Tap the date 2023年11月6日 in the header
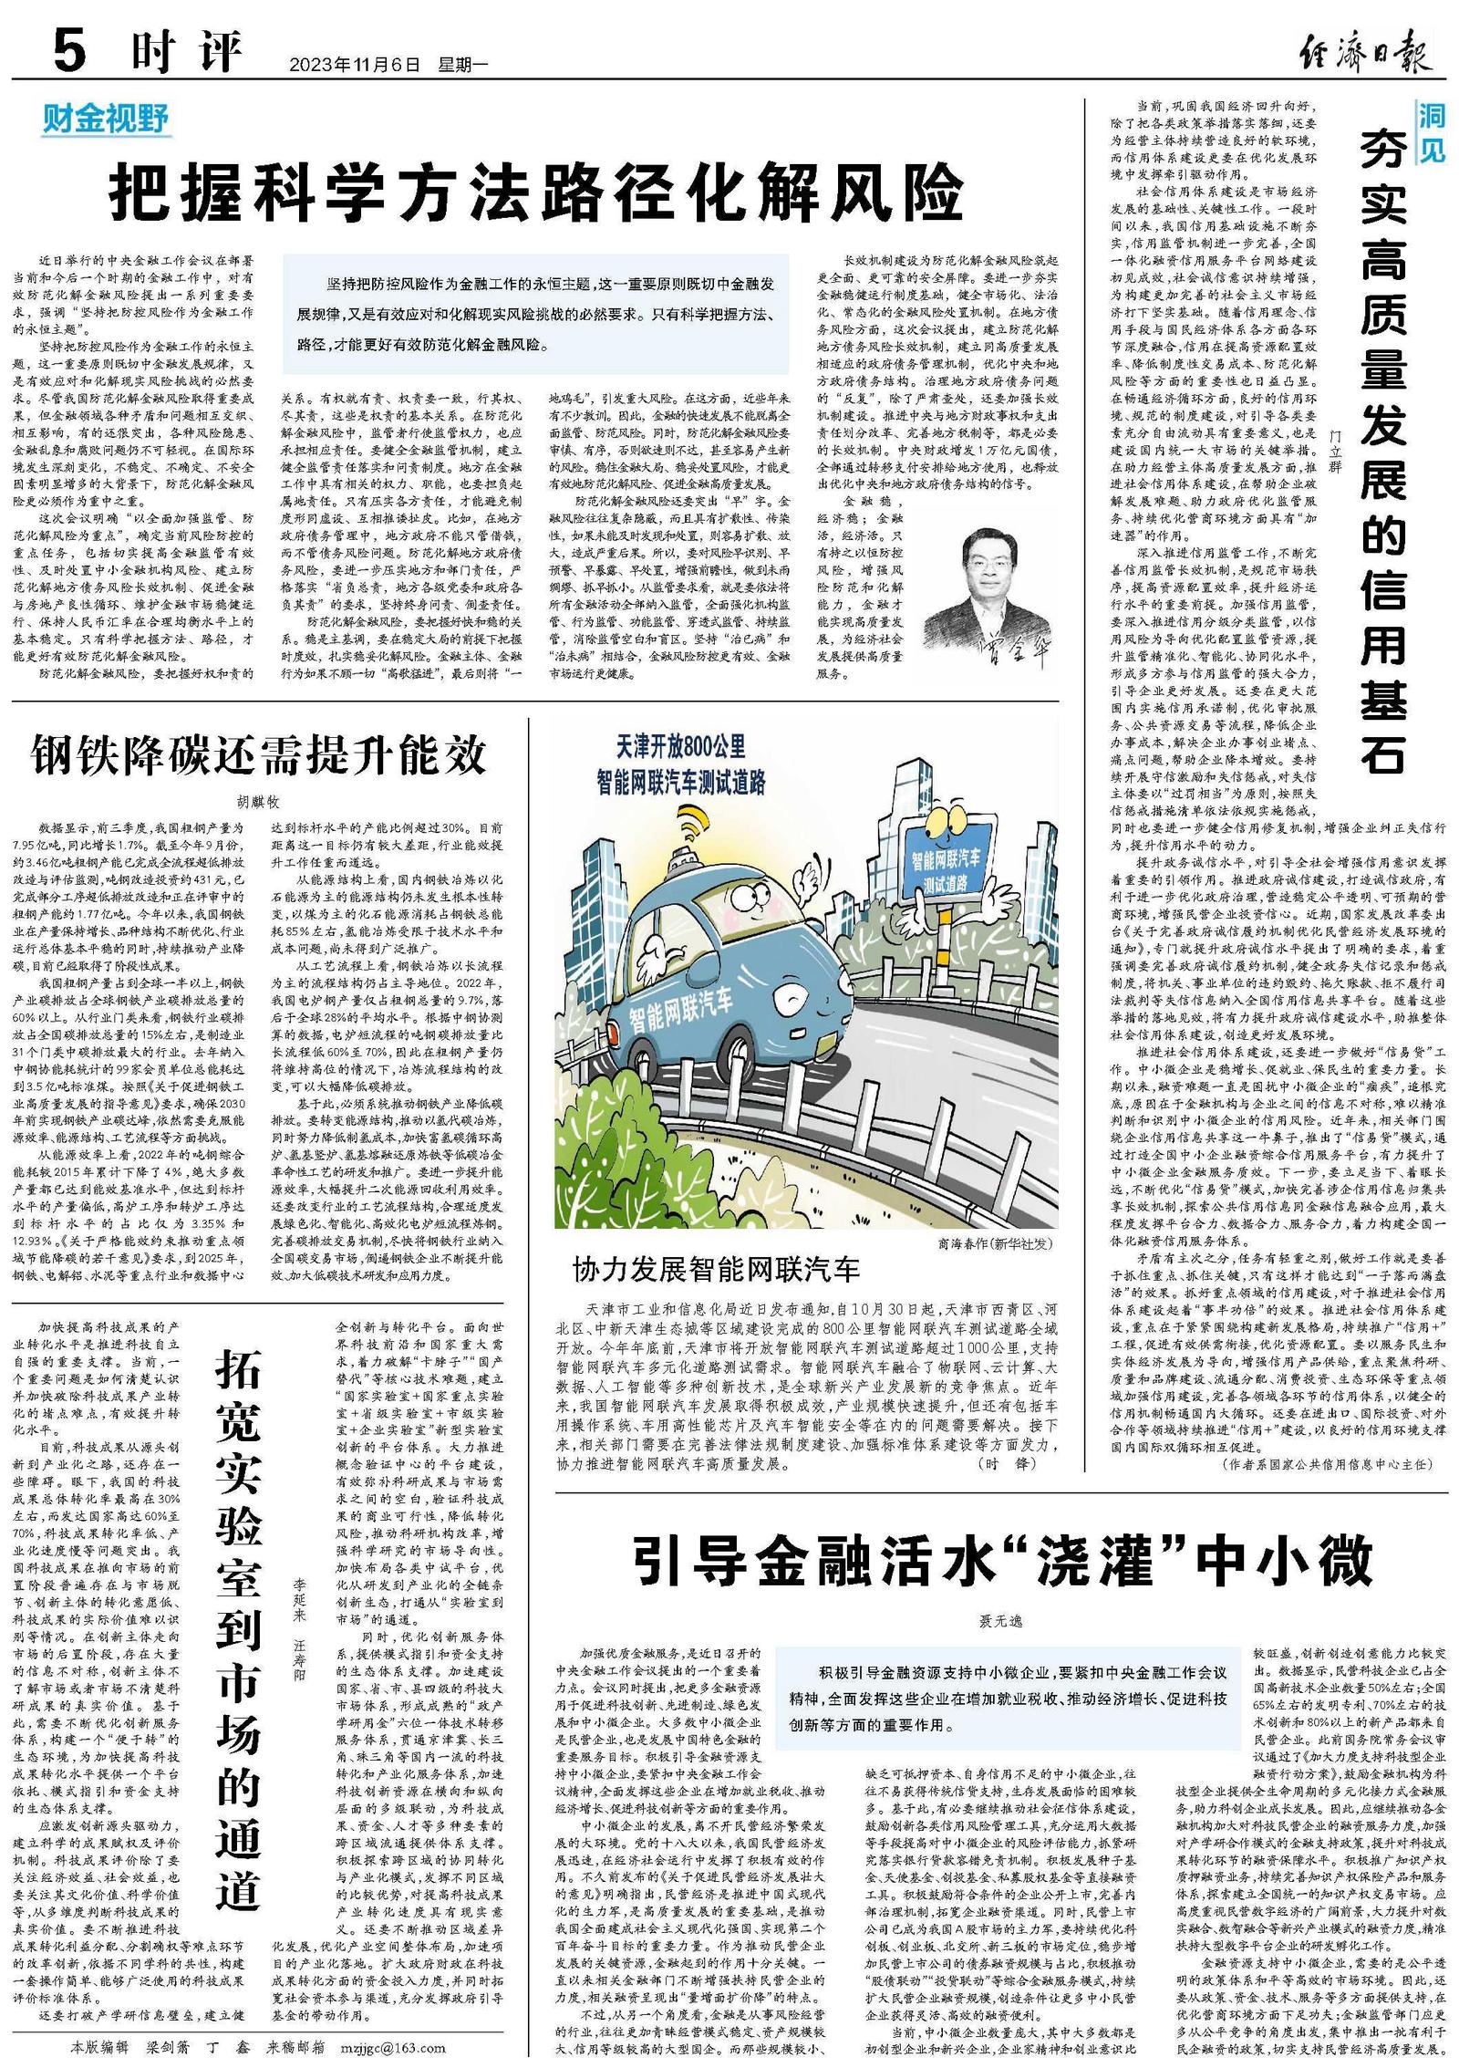[355, 65]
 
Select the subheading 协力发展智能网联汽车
[716, 1269]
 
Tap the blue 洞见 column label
[1431, 130]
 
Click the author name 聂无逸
[1000, 1620]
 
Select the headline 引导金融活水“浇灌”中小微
[1002, 1561]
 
